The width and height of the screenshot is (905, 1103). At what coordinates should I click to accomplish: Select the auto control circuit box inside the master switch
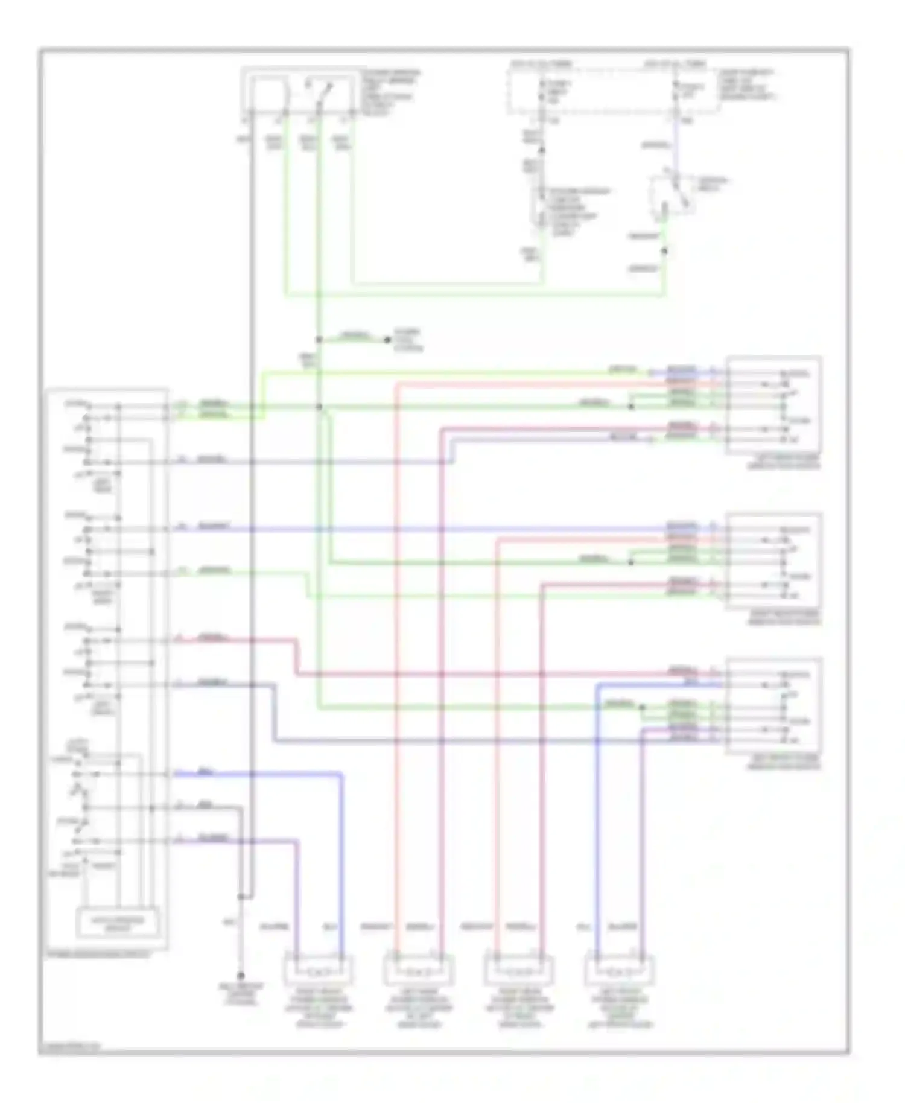coord(118,922)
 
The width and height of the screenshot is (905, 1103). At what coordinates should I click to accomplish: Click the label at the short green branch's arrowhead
coord(408,340)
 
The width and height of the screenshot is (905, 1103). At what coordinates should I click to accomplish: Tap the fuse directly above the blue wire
coord(675,91)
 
